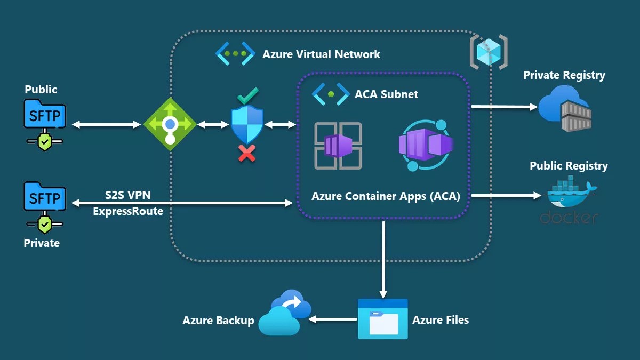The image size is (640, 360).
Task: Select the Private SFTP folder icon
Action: point(45,198)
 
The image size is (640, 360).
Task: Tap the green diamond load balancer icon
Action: point(170,124)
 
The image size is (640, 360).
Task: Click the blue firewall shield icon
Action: point(247,124)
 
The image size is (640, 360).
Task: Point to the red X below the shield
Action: point(246,154)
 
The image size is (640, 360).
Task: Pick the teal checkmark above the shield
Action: point(247,96)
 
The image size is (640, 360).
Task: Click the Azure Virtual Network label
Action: point(321,54)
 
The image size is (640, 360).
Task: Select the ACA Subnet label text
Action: point(386,94)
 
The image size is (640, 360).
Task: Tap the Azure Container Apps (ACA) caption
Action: point(385,196)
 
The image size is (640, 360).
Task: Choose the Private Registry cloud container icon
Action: point(565,109)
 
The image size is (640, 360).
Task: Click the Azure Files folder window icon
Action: point(382,319)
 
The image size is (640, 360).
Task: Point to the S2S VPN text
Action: point(127,195)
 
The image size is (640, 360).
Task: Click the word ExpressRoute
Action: point(128,211)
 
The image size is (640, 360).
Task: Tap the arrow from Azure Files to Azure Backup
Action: point(333,319)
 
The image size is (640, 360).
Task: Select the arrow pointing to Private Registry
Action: point(504,107)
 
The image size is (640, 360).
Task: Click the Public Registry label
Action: point(568,166)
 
